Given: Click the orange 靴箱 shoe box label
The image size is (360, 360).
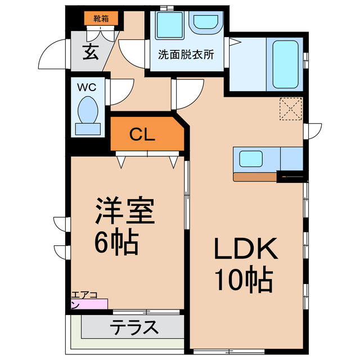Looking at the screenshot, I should click(x=101, y=18).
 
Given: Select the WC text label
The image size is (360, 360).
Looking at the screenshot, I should click(x=88, y=87).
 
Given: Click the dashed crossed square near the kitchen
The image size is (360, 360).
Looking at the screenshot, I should click(x=291, y=109).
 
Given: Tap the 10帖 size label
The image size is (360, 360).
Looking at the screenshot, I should click(x=244, y=279).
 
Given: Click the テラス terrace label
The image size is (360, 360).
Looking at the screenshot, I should click(x=133, y=326).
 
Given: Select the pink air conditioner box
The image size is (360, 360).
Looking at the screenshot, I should click(x=89, y=304).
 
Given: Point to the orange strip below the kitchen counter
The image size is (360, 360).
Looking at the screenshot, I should click(x=255, y=178).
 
